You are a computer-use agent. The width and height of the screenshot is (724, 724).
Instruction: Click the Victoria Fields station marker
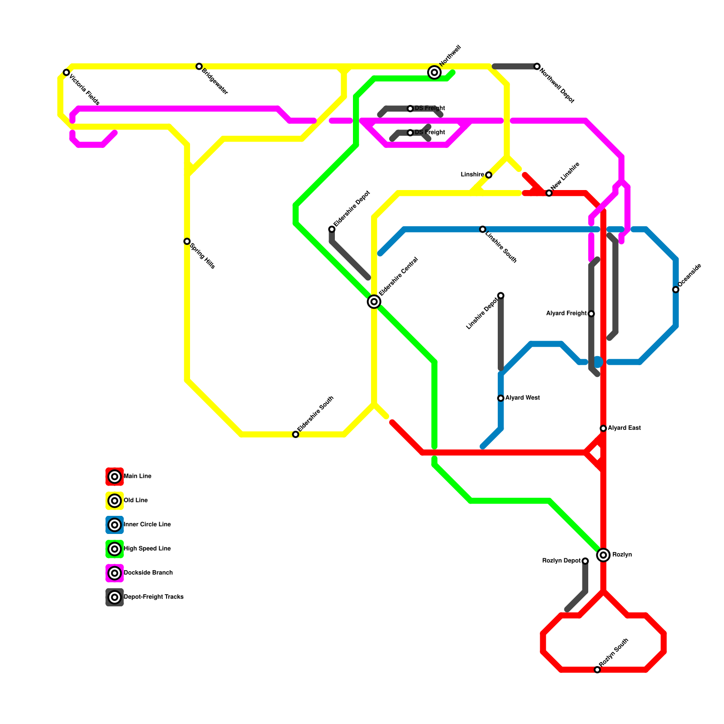pos(67,72)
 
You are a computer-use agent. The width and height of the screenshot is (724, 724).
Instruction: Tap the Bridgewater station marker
pos(199,67)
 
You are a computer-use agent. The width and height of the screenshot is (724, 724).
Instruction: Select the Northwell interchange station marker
pos(434,72)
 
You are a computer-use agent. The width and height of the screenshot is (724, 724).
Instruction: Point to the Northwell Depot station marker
pos(537,67)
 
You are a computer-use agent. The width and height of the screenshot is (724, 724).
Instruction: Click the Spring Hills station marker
pos(187,242)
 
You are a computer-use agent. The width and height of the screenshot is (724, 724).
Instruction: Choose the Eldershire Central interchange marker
pos(374,302)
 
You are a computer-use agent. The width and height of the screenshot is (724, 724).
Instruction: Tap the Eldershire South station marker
pos(295,434)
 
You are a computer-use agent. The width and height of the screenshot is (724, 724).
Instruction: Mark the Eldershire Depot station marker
pos(332,229)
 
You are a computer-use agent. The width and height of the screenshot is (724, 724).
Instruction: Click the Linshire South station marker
pos(483,229)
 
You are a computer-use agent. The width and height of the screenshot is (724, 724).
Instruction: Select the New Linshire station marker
pos(549,193)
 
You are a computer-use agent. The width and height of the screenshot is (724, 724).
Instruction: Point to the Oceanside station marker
pos(676,290)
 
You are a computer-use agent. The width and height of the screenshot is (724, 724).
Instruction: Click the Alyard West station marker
pos(501,398)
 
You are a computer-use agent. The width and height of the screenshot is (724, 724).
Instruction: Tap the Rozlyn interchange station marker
pos(603,555)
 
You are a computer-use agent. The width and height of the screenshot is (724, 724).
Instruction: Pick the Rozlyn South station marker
pos(597,670)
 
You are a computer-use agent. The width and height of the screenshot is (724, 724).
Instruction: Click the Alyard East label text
pos(624,428)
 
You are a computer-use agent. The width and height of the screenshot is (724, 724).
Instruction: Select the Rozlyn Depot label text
pos(561,561)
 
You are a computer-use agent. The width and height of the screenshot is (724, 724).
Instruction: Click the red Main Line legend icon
pos(115,476)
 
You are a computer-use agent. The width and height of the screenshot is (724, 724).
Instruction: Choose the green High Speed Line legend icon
pos(115,549)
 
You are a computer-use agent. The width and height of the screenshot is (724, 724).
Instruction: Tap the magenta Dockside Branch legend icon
pos(115,573)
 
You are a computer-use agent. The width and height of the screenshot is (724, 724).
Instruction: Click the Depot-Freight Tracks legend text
pos(153,597)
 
